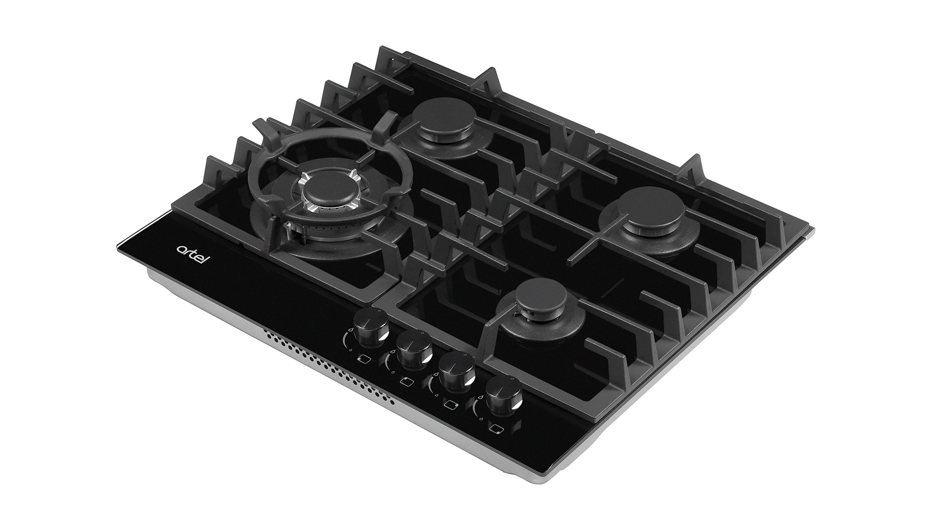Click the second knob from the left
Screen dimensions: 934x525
[413, 349]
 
